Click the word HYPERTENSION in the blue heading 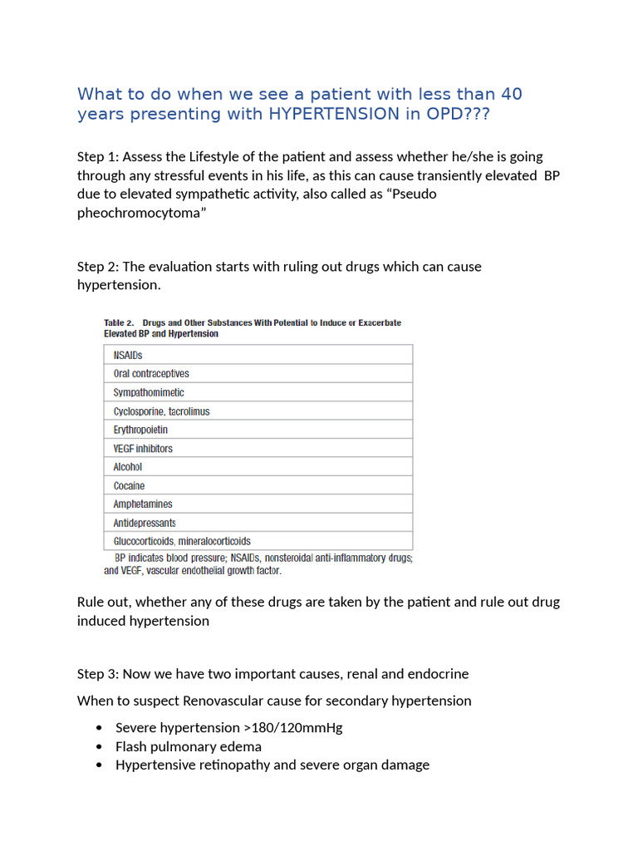pyautogui.click(x=334, y=114)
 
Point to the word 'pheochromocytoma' pyautogui.click(x=141, y=212)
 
